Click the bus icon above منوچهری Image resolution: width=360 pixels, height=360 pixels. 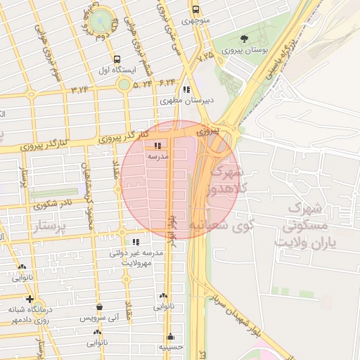pyautogui.click(x=195, y=9)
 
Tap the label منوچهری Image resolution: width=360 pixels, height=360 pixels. pyautogui.click(x=196, y=21)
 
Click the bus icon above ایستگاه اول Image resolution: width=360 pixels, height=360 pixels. pyautogui.click(x=117, y=60)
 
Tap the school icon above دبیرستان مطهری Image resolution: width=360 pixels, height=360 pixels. pyautogui.click(x=186, y=90)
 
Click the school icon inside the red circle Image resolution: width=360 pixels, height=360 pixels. pyautogui.click(x=156, y=146)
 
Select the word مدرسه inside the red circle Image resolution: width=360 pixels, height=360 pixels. pyautogui.click(x=157, y=157)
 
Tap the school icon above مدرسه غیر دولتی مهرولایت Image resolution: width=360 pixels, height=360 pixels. pyautogui.click(x=136, y=242)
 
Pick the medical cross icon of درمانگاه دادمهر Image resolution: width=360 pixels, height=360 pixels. pyautogui.click(x=29, y=299)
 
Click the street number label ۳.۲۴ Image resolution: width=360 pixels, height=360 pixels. pyautogui.click(x=81, y=89)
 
